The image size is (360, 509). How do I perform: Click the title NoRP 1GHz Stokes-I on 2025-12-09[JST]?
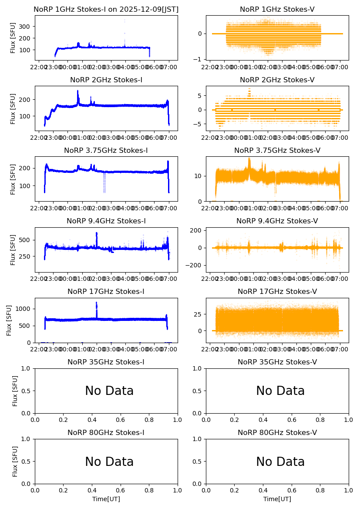pos(106,9)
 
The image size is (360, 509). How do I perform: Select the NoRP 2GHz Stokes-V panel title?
pos(277,80)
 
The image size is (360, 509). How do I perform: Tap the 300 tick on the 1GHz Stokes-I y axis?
pos(25,27)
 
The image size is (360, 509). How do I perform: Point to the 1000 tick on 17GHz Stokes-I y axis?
pos(24,309)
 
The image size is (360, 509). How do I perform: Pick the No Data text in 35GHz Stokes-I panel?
pos(109,391)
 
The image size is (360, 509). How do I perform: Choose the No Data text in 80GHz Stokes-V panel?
pos(280,462)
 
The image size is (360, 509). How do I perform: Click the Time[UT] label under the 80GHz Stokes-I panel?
pos(106,499)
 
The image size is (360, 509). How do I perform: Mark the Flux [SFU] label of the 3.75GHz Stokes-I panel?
pos(13,179)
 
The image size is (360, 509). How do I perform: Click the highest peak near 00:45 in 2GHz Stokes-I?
pos(78,92)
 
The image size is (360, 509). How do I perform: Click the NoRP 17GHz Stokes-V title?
pos(277,291)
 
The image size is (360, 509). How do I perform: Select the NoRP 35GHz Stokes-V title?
pos(277,362)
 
